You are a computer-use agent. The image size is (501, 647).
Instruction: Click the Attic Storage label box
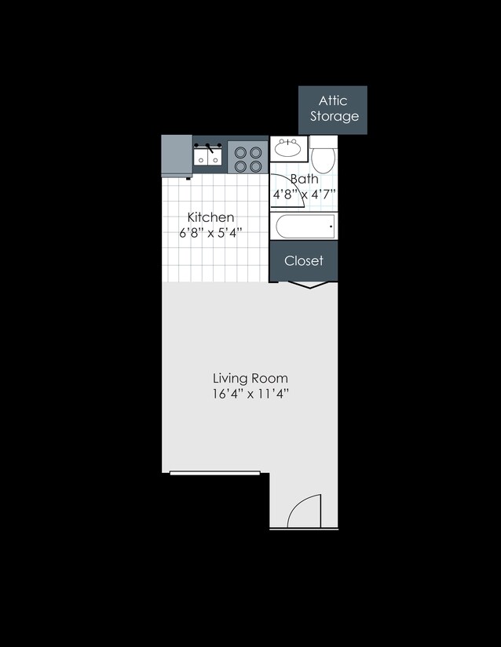[x=333, y=110]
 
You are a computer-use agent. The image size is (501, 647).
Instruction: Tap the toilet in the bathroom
[x=324, y=155]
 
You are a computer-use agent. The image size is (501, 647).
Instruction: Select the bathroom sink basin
[x=288, y=147]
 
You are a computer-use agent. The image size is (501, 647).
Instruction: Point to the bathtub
[x=305, y=226]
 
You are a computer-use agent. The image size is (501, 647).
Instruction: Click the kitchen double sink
[x=208, y=155]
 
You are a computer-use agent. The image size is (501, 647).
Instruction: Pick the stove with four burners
[x=248, y=159]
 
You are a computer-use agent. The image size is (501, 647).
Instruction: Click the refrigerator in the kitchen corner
[x=177, y=155]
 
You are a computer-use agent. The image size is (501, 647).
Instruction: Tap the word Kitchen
[x=210, y=217]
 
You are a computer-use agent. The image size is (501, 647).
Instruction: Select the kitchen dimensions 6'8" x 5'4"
[x=210, y=233]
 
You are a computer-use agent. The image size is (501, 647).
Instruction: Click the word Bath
[x=305, y=179]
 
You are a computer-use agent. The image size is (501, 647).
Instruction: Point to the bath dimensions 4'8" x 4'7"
[x=304, y=194]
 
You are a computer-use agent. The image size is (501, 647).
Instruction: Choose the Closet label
[x=304, y=261]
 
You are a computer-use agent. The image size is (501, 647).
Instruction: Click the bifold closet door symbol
[x=309, y=285]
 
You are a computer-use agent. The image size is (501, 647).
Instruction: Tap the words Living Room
[x=251, y=378]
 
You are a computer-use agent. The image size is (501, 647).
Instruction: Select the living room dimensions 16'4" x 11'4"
[x=251, y=394]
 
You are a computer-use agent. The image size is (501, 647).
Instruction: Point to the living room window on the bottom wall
[x=215, y=473]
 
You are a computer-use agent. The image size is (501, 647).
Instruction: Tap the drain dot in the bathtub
[x=331, y=226]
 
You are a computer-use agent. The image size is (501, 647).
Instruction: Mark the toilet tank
[x=324, y=142]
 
